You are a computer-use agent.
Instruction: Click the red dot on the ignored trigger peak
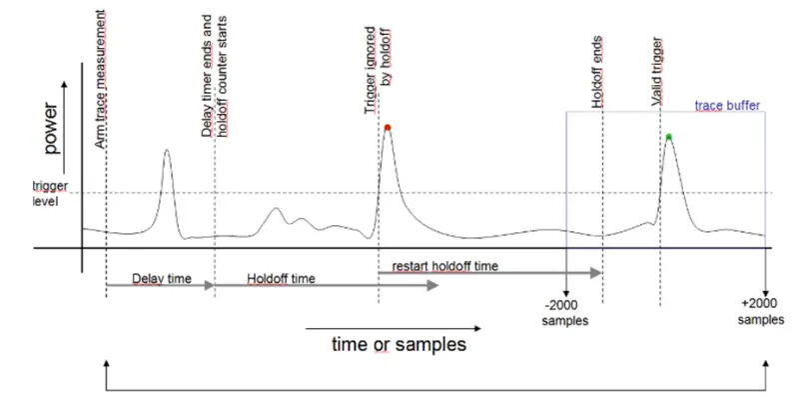[387, 127]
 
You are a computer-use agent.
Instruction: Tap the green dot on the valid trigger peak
[668, 136]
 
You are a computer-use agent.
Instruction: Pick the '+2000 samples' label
[761, 312]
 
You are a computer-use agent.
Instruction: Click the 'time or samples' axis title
[399, 346]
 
